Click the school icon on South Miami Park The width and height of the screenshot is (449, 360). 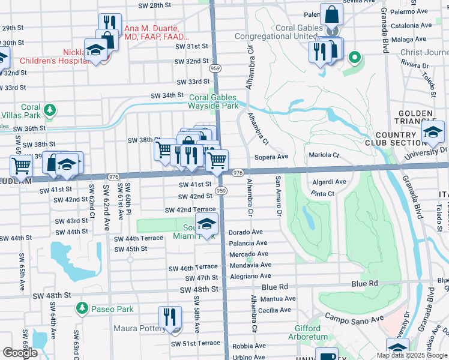[206, 224]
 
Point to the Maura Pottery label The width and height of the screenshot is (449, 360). [139, 329]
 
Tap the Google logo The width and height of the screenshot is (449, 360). [20, 353]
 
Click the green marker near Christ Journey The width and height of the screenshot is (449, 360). [355, 58]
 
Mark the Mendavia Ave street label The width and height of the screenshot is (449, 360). [250, 265]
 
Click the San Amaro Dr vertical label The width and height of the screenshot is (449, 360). [278, 196]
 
